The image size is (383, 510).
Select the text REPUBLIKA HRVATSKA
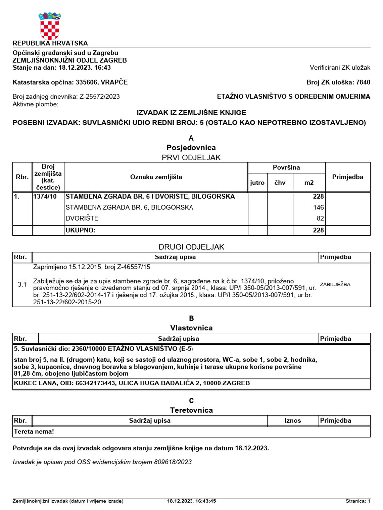(50, 43)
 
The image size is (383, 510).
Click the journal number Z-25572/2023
(99, 96)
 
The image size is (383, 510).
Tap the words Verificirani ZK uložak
(340, 67)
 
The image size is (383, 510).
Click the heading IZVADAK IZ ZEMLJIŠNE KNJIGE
(191, 113)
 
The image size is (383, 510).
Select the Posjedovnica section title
(191, 148)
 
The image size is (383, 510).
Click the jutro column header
(257, 183)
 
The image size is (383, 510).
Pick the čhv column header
(280, 183)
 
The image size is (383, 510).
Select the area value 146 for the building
(319, 207)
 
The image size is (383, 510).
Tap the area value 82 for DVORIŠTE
(320, 218)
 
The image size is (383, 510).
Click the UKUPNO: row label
(80, 230)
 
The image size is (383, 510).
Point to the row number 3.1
(22, 285)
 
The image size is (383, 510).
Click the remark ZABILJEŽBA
(335, 284)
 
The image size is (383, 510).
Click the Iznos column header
(293, 420)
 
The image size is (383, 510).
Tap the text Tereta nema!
(34, 432)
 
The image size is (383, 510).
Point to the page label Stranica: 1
(358, 501)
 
